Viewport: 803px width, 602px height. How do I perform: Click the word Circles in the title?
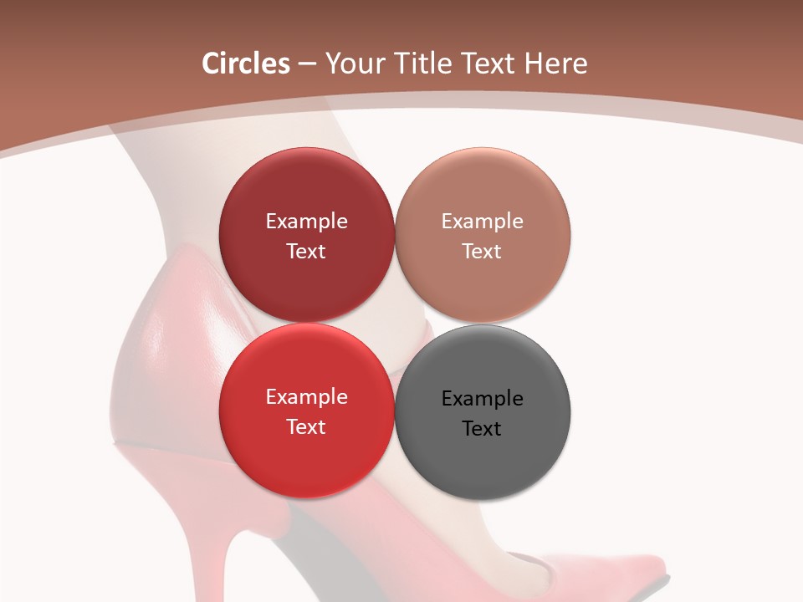click(245, 64)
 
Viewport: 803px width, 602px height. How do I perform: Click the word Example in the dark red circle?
click(306, 222)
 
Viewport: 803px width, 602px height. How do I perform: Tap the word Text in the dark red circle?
click(306, 251)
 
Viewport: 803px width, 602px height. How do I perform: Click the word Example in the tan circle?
click(482, 222)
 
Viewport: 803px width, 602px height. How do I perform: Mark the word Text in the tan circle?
click(482, 251)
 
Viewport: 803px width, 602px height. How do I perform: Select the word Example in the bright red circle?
click(306, 397)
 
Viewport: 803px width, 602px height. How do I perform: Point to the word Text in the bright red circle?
click(306, 426)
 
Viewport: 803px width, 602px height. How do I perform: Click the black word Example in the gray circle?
click(482, 399)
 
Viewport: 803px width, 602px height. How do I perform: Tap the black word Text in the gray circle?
click(482, 428)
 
